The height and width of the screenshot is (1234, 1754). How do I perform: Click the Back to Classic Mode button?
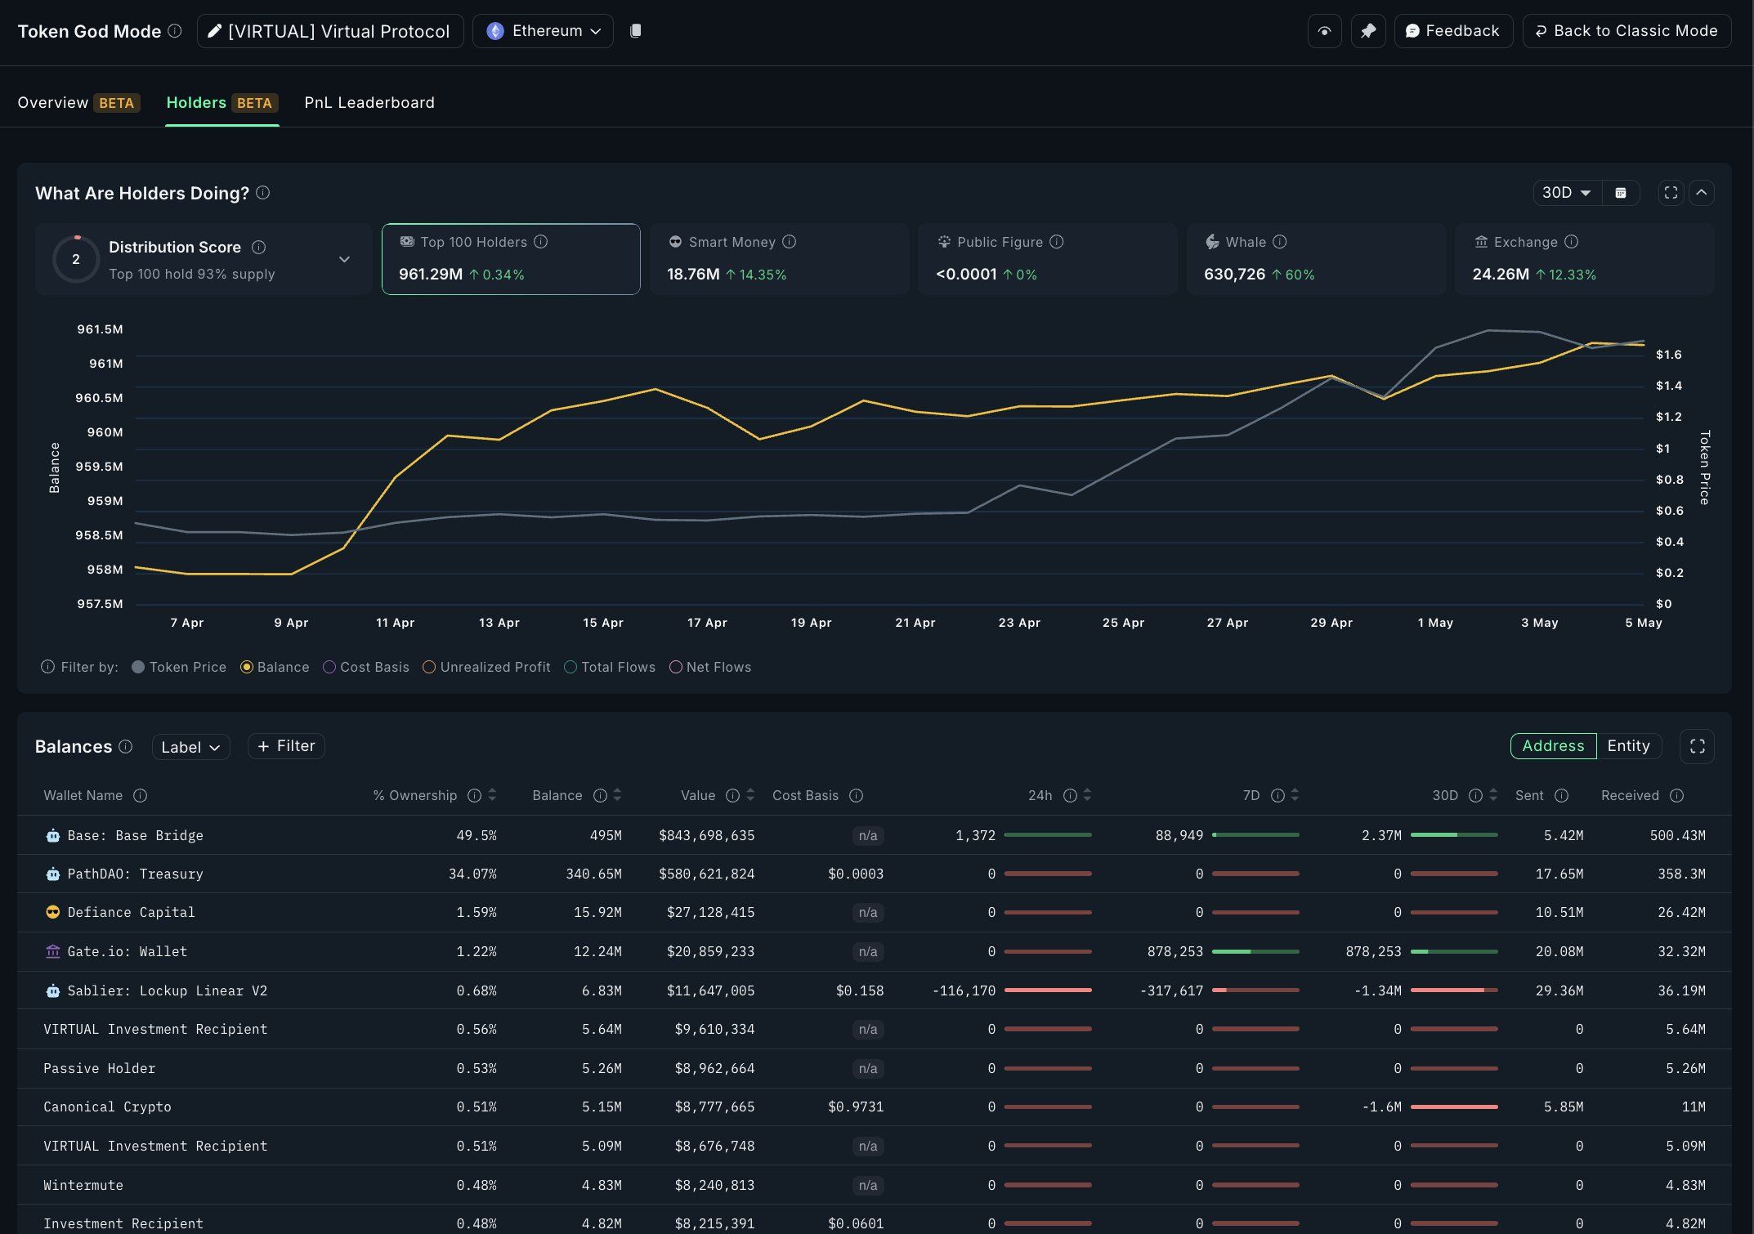[x=1626, y=31]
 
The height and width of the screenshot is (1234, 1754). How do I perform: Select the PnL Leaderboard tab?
[x=369, y=102]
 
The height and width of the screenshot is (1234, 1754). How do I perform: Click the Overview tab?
[x=52, y=102]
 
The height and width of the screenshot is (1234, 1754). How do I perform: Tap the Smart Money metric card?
[x=778, y=258]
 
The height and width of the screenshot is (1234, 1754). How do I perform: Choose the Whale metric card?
[x=1315, y=258]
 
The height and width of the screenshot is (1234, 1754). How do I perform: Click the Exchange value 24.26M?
[x=1500, y=275]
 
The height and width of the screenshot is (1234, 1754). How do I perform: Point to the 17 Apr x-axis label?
[x=706, y=623]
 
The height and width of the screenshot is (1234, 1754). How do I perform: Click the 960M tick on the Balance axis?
[x=105, y=432]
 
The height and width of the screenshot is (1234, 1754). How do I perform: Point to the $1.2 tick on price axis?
[x=1668, y=417]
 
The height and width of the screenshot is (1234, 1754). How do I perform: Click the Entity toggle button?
[x=1627, y=746]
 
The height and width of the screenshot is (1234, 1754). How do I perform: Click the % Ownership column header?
[x=414, y=795]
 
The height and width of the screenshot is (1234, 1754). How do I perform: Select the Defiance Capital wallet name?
[x=131, y=912]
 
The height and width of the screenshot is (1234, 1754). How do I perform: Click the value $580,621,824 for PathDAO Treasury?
[x=706, y=874]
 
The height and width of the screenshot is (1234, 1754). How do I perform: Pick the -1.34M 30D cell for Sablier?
[x=1380, y=990]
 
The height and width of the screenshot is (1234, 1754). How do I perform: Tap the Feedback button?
[x=1452, y=31]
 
